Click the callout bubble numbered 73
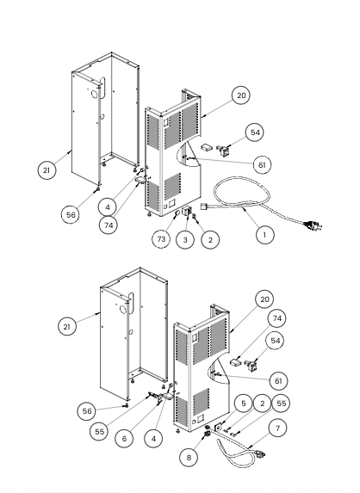pos(161,239)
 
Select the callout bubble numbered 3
pos(185,240)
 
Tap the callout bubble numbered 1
pos(264,235)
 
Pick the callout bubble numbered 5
pos(243,404)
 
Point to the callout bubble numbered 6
pos(124,438)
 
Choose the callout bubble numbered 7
pos(277,428)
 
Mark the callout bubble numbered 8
pos(189,457)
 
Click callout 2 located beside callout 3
pos(210,240)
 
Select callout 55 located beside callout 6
pos(99,432)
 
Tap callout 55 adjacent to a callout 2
pos(281,404)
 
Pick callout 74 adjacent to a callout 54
pos(277,318)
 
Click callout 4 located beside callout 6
pos(153,438)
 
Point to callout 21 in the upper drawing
pos(47,170)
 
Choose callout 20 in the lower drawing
pos(264,299)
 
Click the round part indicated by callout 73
pos(177,213)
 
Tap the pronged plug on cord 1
pos(313,225)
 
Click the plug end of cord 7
pos(260,453)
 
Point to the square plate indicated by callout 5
pos(217,428)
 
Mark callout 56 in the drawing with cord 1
pos(71,215)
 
